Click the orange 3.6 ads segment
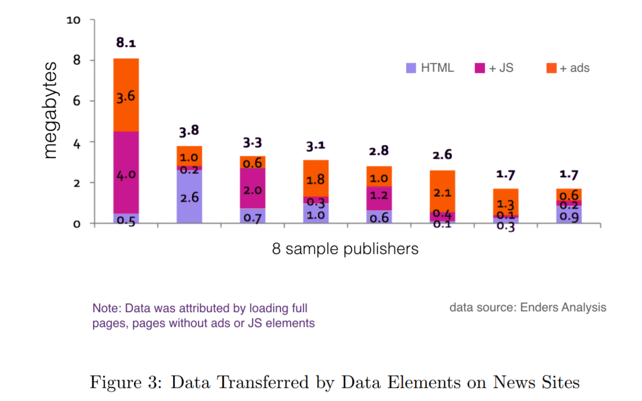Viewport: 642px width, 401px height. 126,95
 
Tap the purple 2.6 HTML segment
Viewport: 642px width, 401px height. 189,197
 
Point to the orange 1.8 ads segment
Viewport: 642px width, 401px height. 315,178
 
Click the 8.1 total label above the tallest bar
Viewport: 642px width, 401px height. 126,43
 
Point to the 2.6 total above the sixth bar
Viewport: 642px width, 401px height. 442,155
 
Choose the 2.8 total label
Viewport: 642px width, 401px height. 378,150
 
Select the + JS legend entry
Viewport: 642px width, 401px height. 495,68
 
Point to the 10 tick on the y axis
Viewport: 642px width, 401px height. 73,20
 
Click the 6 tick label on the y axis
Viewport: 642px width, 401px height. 76,101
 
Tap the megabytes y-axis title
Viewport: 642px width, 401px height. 51,110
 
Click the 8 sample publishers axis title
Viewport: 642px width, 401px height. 345,249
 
